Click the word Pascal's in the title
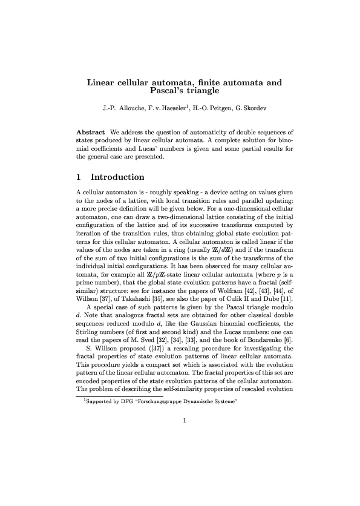point(166,93)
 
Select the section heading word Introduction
point(117,177)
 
